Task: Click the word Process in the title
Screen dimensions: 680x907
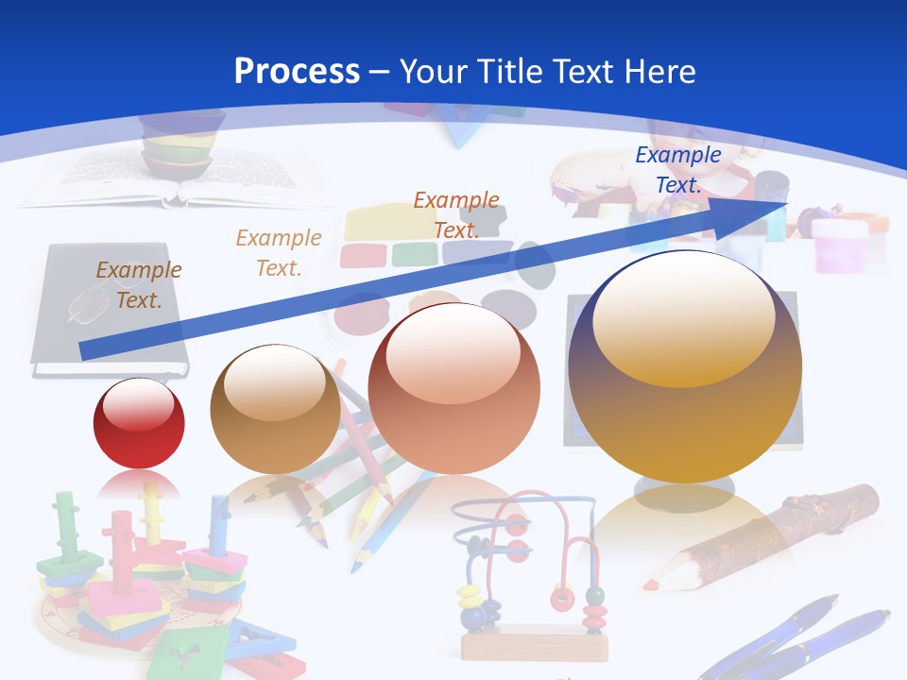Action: point(297,72)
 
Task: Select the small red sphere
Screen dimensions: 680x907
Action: point(139,423)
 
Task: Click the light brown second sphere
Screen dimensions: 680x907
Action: point(275,408)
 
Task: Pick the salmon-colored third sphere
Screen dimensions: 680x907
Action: point(453,388)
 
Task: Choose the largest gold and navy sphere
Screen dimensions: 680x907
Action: point(685,366)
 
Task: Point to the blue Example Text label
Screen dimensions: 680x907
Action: point(677,170)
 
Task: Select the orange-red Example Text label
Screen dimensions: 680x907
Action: point(456,214)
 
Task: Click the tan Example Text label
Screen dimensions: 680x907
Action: point(279,252)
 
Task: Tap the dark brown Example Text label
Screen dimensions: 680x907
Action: point(139,284)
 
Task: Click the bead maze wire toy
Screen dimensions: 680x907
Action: point(524,557)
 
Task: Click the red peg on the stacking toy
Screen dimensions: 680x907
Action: point(122,548)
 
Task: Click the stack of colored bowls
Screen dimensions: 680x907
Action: point(180,146)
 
